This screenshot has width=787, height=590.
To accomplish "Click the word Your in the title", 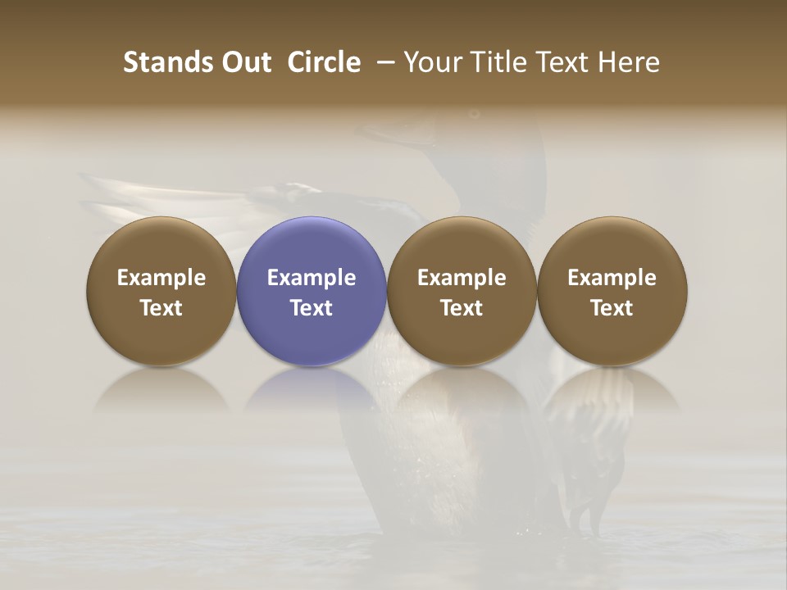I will [x=431, y=62].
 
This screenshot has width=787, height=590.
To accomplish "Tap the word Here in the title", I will [x=630, y=62].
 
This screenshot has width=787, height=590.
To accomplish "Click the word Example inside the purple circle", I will [x=312, y=278].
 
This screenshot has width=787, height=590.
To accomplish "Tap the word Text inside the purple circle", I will [x=312, y=308].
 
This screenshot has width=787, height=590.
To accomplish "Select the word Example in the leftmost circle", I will [x=161, y=278].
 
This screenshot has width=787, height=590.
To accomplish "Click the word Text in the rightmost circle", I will [x=612, y=308].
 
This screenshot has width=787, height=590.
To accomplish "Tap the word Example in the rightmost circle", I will [x=612, y=278].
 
